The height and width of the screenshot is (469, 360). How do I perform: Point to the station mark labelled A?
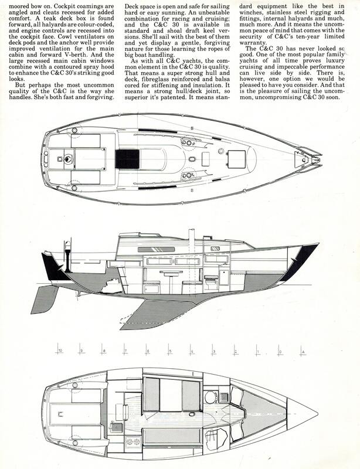click(x=301, y=350)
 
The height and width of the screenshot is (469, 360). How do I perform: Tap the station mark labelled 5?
click(x=168, y=349)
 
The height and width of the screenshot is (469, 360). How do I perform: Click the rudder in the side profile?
click(x=45, y=300)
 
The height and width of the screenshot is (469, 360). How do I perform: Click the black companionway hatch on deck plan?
click(x=127, y=159)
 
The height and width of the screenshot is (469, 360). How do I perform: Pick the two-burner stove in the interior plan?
click(x=133, y=441)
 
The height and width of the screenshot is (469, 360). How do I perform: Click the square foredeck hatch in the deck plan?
click(x=236, y=159)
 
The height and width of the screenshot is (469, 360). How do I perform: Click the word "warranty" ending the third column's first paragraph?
click(x=253, y=42)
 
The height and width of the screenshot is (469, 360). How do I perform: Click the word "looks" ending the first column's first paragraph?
click(x=17, y=79)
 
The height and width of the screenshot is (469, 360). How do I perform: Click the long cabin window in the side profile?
click(x=156, y=250)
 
